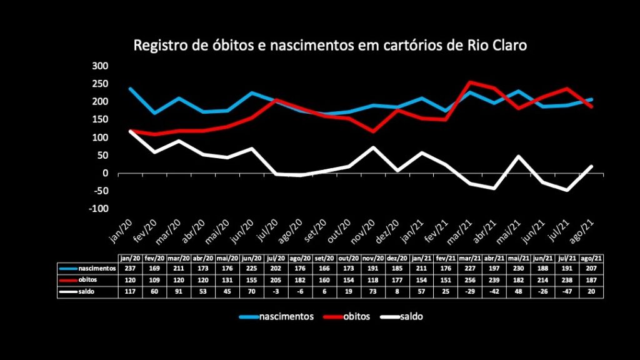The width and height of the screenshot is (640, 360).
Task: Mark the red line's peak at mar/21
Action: click(x=471, y=82)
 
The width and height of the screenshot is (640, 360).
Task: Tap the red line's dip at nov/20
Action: click(x=373, y=131)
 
